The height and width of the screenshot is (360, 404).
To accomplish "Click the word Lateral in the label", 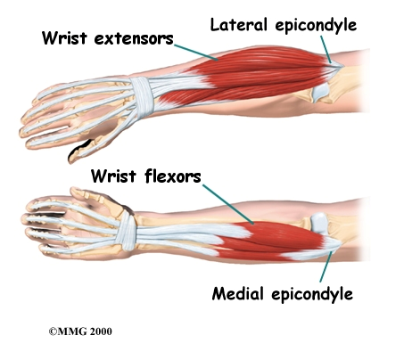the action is point(238,25).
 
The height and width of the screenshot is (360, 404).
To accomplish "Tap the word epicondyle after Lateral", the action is point(316,26).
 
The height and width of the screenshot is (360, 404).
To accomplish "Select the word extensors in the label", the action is point(134,39).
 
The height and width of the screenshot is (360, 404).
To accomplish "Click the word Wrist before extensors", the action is point(64,38).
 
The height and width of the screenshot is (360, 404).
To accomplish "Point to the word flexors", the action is point(173,176).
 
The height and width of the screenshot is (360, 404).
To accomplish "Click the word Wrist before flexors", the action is point(113,176).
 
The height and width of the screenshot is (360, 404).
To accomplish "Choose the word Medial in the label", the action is point(238,293).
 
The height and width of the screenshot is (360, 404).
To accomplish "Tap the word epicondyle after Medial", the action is point(312,295).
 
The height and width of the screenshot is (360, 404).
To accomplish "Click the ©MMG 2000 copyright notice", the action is point(80,331).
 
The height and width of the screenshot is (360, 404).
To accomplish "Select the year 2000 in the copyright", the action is point(100,331).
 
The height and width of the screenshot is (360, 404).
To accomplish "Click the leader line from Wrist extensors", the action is point(196,53).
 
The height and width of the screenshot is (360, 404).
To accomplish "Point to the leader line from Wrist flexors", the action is point(228,204).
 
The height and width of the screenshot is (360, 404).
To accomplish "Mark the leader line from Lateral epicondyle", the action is point(326,49).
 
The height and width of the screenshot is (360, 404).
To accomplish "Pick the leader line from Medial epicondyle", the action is point(326,266).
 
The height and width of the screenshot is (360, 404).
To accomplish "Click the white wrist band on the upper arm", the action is point(142,95).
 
